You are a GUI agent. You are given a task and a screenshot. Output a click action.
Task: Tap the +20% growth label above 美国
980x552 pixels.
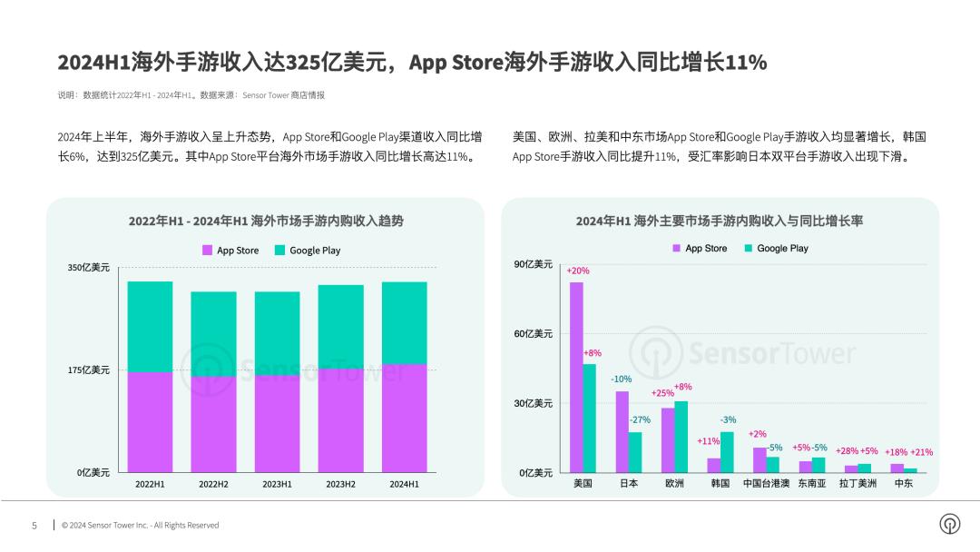click(x=578, y=271)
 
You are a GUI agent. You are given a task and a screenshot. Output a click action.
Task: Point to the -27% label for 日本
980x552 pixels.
click(x=640, y=419)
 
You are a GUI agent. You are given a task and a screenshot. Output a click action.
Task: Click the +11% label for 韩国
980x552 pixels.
click(x=708, y=441)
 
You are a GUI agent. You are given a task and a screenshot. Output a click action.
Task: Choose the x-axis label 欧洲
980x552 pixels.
click(x=674, y=484)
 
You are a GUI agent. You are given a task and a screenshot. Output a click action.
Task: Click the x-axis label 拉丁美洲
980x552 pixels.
click(x=857, y=484)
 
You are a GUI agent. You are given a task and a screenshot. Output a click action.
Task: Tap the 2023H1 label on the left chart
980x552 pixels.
click(x=277, y=484)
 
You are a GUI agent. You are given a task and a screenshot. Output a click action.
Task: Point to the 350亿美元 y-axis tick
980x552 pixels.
click(x=88, y=268)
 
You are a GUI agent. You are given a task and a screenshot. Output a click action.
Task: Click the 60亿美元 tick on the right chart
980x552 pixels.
click(x=533, y=334)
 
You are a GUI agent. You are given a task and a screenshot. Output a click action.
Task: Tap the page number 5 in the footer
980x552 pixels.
click(x=34, y=526)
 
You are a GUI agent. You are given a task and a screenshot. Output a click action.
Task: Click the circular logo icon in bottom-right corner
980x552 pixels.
click(x=949, y=524)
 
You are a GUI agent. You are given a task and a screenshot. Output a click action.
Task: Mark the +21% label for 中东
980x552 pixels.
click(x=921, y=452)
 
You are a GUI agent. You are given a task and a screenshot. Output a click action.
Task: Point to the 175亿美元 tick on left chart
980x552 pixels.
click(x=88, y=370)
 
